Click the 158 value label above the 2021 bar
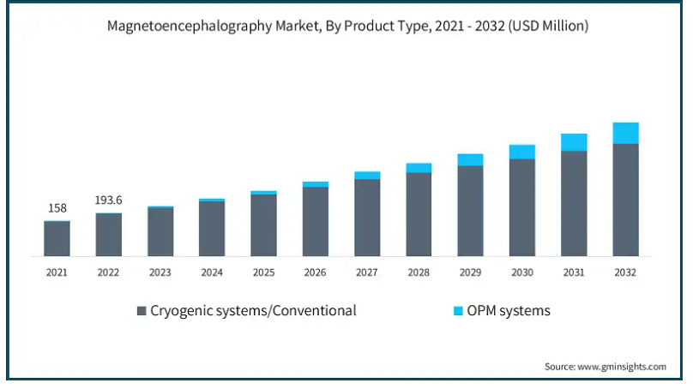57,207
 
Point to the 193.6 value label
108,200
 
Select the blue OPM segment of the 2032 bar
625,133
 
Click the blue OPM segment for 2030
521,152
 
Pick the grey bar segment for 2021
57,238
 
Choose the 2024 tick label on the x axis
212,272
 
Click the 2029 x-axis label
470,272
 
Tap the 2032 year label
625,272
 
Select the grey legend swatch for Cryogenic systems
142,311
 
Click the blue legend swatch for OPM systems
459,311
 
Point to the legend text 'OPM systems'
509,310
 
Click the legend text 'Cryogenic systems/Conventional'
253,310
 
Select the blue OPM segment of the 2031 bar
574,142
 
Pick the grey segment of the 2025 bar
263,224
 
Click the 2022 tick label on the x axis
108,272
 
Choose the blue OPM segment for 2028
419,168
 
